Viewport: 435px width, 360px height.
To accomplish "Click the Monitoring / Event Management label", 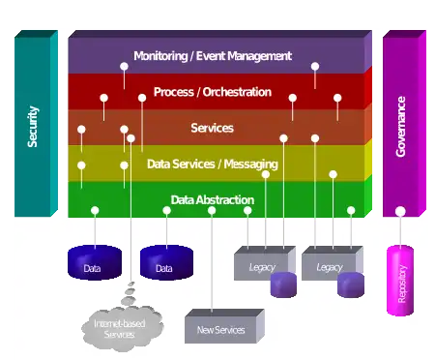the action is (213, 56).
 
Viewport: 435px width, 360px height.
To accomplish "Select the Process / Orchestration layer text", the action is (213, 92).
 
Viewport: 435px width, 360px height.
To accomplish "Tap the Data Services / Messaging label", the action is (213, 165).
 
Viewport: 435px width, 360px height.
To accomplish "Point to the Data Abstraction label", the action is (213, 200).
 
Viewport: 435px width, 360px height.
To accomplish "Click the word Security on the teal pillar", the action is (33, 127).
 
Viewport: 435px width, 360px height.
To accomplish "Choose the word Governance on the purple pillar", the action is (400, 127).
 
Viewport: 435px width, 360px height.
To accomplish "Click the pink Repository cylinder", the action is (400, 281).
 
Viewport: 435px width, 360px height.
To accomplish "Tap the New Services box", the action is (224, 326).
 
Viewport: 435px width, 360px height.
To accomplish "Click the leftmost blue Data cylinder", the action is (95, 262).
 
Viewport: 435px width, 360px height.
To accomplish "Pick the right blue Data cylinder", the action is (166, 262).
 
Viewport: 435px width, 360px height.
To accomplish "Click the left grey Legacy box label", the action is (262, 267).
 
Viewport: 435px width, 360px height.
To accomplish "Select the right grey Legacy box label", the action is (330, 267).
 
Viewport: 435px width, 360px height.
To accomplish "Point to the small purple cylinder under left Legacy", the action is (283, 285).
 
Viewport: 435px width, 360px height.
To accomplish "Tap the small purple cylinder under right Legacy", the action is (351, 285).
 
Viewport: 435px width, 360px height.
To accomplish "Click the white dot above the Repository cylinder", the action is (400, 211).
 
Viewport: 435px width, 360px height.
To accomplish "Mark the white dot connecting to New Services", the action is (212, 210).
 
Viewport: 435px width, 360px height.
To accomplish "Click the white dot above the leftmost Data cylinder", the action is (95, 210).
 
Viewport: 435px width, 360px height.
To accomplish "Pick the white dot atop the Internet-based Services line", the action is (130, 138).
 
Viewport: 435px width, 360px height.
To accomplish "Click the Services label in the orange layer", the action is (212, 128).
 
